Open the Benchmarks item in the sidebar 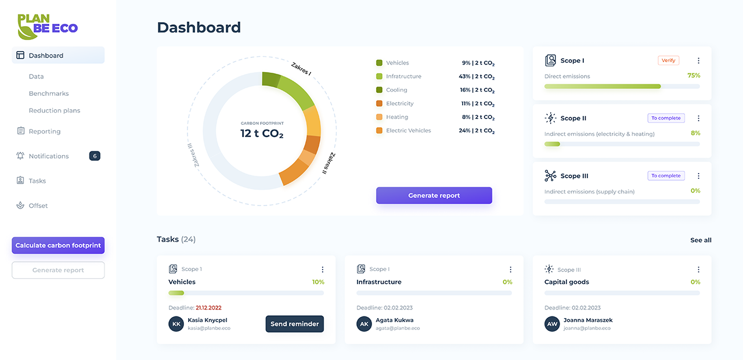49,93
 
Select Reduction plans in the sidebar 55,110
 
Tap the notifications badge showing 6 95,156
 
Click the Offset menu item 38,206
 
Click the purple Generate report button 434,196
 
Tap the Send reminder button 294,324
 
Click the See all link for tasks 701,240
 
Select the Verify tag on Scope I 668,60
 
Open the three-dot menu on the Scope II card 698,118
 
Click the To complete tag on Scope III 666,176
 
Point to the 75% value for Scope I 694,75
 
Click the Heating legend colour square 379,117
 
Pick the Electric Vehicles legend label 409,131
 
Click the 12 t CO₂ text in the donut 262,134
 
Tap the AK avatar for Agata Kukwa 364,324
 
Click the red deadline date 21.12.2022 208,308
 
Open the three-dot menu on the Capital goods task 698,269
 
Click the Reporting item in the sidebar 45,131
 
